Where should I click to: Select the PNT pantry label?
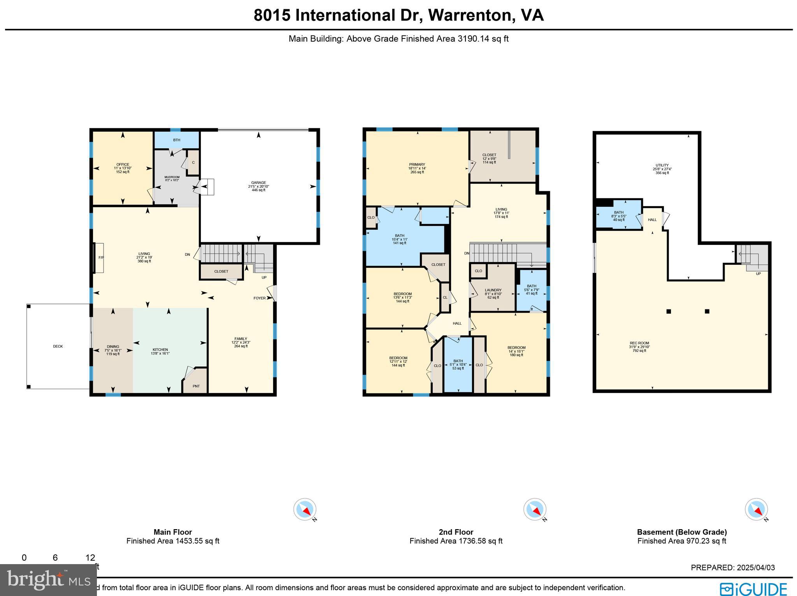point(196,386)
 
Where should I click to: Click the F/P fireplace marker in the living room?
point(101,257)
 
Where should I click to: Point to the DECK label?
point(58,346)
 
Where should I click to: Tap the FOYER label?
point(260,298)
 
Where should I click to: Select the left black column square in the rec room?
point(669,311)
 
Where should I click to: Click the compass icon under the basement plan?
point(756,509)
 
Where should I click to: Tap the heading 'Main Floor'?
point(172,532)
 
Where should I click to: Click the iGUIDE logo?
point(753,589)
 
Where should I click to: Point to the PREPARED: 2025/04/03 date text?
point(732,568)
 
